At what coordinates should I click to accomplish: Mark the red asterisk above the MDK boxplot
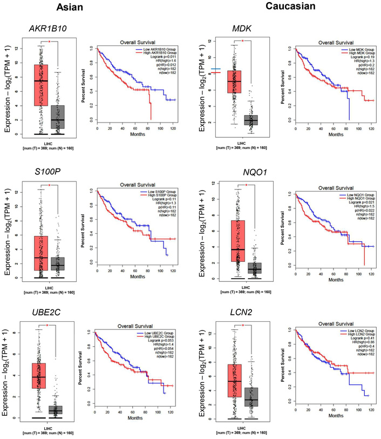pyautogui.click(x=243, y=40)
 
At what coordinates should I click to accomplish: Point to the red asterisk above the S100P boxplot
pyautogui.click(x=49, y=185)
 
